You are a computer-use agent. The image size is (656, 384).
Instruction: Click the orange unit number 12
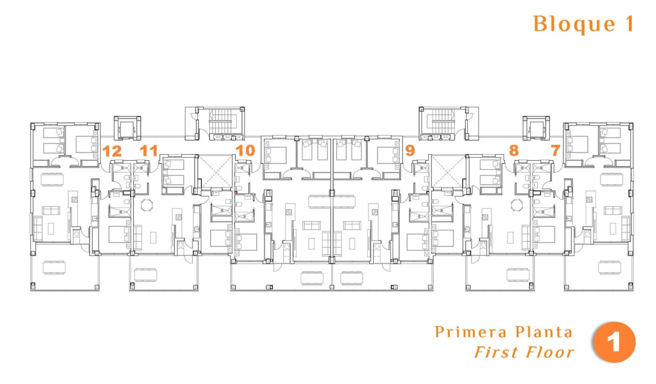(112, 151)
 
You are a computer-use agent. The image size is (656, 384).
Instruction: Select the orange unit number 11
(148, 151)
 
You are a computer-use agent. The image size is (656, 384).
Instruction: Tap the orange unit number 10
(245, 151)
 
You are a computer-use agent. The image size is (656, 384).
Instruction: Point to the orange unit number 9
(410, 151)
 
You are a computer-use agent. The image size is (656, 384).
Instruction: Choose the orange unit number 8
(514, 151)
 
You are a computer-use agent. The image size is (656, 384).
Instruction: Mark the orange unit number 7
(555, 151)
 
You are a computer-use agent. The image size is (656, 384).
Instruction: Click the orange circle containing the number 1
(614, 342)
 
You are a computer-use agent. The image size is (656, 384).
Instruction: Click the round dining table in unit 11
(146, 205)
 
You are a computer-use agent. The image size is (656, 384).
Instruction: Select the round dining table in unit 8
(517, 205)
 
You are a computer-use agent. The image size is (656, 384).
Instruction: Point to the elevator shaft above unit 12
(126, 128)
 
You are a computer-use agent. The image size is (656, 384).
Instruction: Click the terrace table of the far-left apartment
(54, 267)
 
